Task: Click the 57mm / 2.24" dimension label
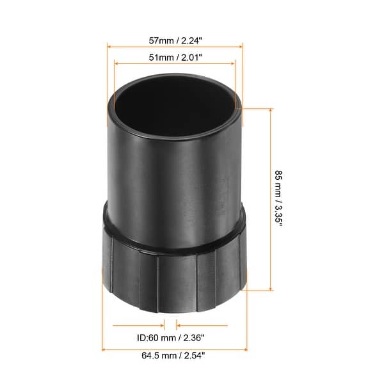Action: (x=175, y=40)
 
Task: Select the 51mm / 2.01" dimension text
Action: (x=175, y=57)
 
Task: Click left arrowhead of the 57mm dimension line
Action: (x=109, y=46)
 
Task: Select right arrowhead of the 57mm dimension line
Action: (x=241, y=46)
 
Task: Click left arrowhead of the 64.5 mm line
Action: (x=104, y=349)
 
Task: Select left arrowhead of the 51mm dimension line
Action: (x=116, y=63)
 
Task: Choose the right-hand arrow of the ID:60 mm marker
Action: (x=179, y=326)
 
